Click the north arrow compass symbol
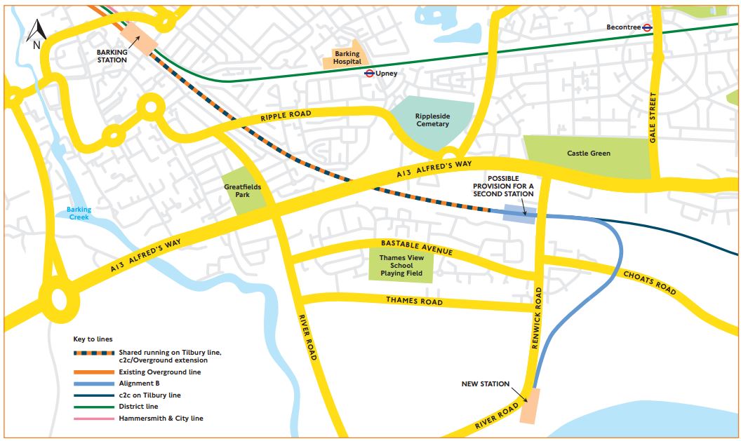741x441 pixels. click(x=37, y=34)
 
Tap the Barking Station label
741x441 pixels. click(x=112, y=56)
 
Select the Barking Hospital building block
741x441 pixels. click(x=347, y=58)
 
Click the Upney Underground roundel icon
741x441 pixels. click(x=369, y=73)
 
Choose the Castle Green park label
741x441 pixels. click(x=588, y=153)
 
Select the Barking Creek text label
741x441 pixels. click(x=79, y=214)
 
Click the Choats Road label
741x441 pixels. click(x=650, y=282)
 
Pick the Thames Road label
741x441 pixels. click(x=414, y=301)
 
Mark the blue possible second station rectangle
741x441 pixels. click(x=520, y=214)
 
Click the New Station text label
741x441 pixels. click(x=485, y=384)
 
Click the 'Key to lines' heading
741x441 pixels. click(x=93, y=339)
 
